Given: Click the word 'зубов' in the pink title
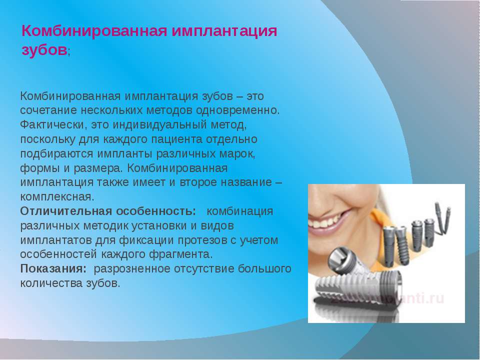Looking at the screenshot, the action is (x=44, y=50).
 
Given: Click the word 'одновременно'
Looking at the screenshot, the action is (x=237, y=110).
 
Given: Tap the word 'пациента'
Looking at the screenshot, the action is (x=176, y=139).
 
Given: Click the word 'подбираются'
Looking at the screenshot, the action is (x=56, y=154).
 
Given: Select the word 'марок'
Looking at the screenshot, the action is (x=237, y=154).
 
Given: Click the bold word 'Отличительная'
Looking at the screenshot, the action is (x=66, y=211).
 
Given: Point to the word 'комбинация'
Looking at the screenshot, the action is (x=239, y=211).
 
